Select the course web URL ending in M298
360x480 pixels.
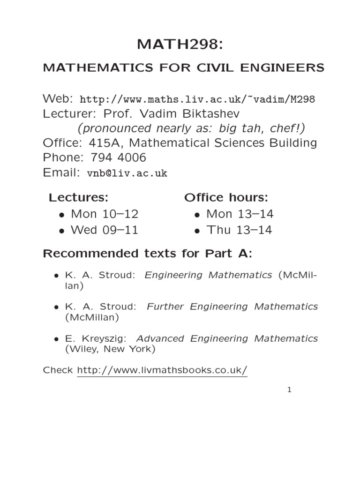tap(197, 99)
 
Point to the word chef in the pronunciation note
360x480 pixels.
tap(283, 128)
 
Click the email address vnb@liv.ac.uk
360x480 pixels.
tap(127, 173)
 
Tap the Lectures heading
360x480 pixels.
tap(79, 197)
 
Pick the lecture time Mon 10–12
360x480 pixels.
tap(104, 214)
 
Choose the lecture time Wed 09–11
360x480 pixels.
tap(104, 230)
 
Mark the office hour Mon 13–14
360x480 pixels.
tap(240, 214)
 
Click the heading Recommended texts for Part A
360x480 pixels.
tap(148, 254)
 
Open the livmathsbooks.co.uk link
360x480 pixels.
tap(162, 370)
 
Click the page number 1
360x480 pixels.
tap(290, 390)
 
